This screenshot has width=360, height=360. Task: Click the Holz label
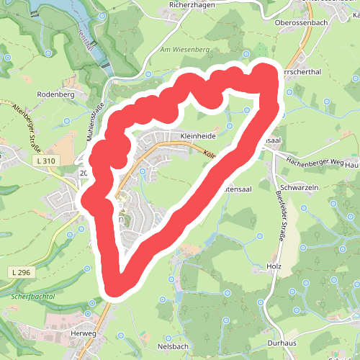tap(273, 266)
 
